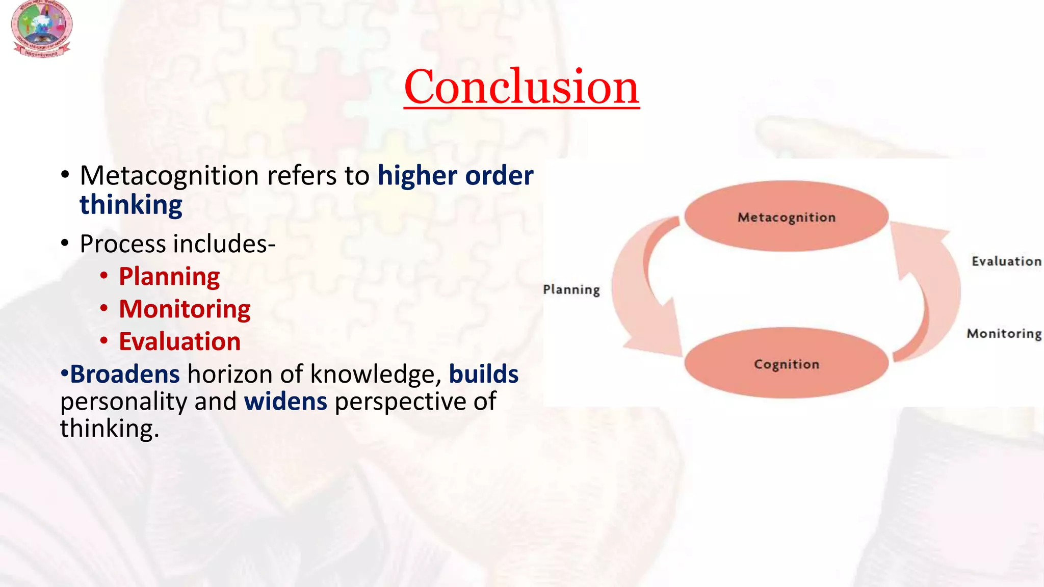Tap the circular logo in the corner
42,28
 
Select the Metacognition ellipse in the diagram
787,217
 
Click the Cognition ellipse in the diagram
787,363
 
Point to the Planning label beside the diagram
571,289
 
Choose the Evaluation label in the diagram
1006,261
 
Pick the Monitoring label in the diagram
1004,334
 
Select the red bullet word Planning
169,277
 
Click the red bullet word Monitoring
185,309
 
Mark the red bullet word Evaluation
179,341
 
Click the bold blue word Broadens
124,374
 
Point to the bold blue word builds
483,374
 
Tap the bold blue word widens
285,402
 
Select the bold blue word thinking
131,205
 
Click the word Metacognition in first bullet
169,176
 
